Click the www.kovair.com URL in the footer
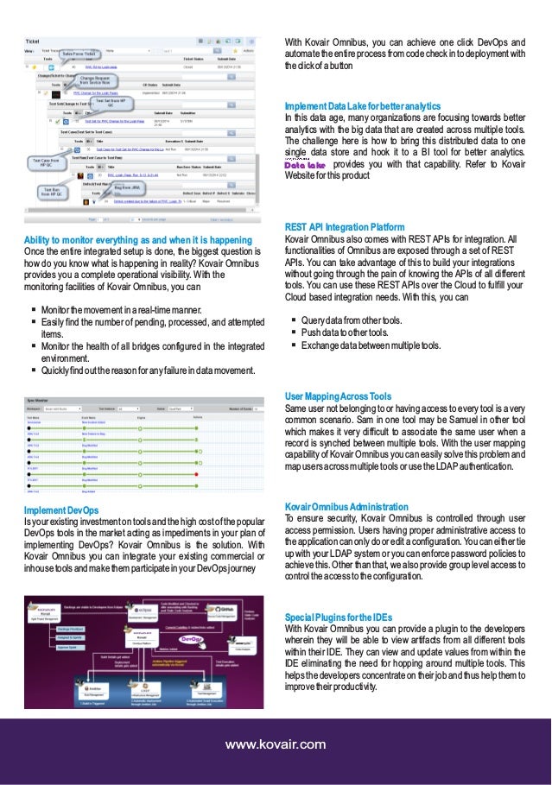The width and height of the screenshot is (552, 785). pyautogui.click(x=276, y=744)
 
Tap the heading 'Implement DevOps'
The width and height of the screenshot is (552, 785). pyautogui.click(x=61, y=510)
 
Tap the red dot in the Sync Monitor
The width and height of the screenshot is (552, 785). pyautogui.click(x=198, y=476)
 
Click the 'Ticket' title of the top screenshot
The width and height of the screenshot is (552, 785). pyautogui.click(x=32, y=41)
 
